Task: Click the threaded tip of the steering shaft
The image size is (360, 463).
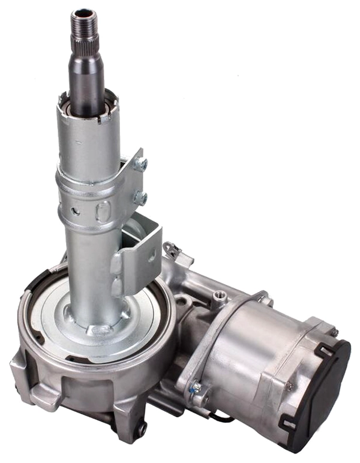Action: pos(83,23)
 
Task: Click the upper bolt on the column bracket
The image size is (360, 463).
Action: pos(141,163)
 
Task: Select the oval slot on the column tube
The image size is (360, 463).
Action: pos(103,211)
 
